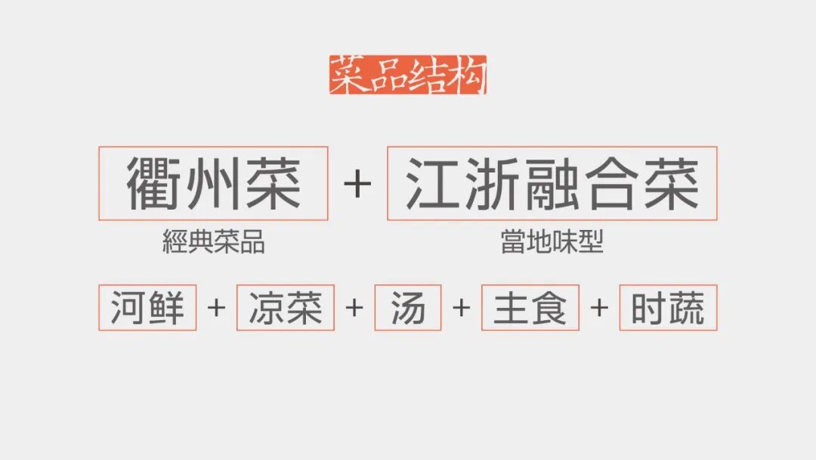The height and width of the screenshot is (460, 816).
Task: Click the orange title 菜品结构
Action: (x=407, y=75)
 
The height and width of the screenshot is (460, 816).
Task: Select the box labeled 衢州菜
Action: (x=213, y=183)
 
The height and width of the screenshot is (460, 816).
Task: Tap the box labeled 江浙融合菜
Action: (x=552, y=183)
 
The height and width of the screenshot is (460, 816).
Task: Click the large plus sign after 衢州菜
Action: (x=357, y=184)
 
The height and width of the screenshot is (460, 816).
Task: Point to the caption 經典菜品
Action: (x=214, y=243)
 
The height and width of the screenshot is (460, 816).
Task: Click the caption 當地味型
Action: (x=552, y=243)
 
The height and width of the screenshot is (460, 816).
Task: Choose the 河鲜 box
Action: (x=147, y=308)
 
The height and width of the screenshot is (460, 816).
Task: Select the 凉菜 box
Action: (x=286, y=308)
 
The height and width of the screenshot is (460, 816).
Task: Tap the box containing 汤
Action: (x=408, y=308)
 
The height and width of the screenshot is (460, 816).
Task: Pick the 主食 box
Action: (x=530, y=308)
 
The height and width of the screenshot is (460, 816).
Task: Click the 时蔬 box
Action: (x=668, y=308)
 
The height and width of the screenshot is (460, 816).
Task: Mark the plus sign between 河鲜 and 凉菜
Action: (x=216, y=308)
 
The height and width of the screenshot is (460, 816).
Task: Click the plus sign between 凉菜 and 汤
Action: (x=354, y=308)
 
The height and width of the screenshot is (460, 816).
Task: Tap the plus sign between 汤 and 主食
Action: (x=461, y=308)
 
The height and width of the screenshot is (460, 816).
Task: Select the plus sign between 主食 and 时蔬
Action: (x=599, y=308)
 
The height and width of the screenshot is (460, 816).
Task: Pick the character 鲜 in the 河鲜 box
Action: (x=166, y=308)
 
